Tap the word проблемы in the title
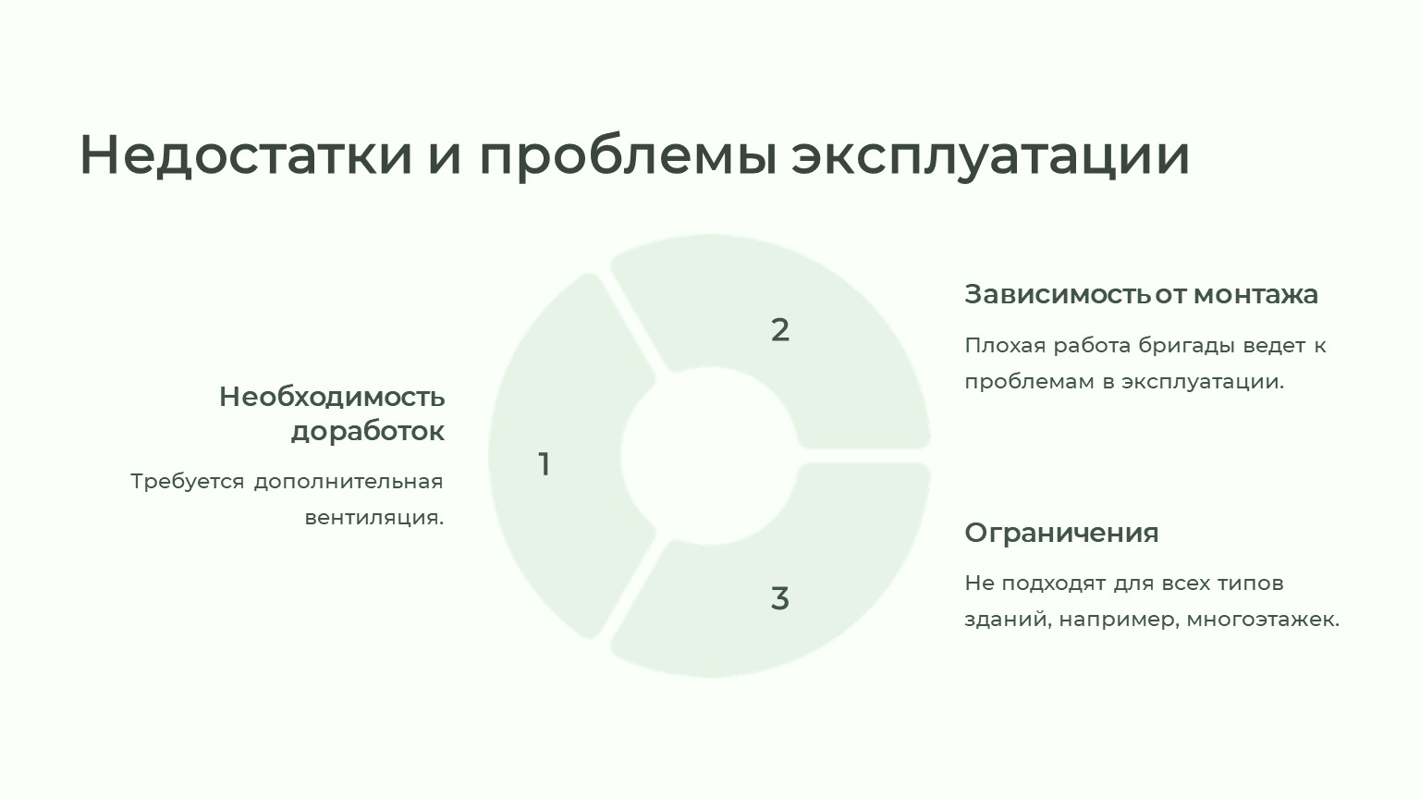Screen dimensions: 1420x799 (629, 157)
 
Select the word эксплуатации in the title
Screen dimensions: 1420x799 (990, 157)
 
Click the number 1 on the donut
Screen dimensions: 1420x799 (544, 463)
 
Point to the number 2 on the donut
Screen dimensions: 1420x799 (780, 330)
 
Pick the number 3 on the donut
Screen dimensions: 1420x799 (779, 598)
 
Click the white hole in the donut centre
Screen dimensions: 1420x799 (709, 455)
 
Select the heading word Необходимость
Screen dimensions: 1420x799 (332, 397)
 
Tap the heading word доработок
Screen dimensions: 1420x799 (368, 432)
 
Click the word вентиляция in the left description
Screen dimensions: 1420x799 (373, 518)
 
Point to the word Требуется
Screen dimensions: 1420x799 (188, 481)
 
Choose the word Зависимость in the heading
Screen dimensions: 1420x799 (1058, 294)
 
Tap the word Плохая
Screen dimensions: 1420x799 (1006, 346)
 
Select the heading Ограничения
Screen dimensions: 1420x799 (1062, 533)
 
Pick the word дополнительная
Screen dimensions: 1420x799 (349, 482)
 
